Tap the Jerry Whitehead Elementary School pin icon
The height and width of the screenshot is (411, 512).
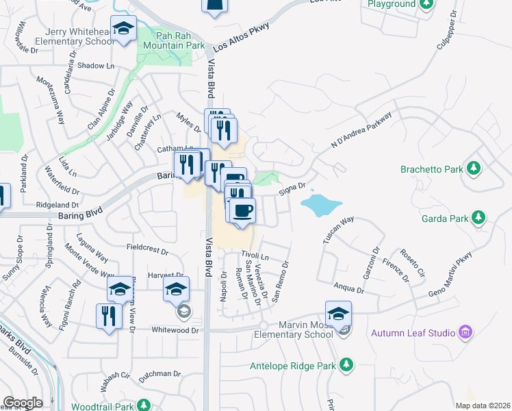coord(124,29)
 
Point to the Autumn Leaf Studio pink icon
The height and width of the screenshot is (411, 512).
coord(466,333)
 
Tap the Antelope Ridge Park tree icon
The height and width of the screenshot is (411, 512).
coord(347,364)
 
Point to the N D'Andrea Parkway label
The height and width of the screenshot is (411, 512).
coord(361,129)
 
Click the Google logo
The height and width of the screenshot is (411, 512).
coord(23,403)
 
